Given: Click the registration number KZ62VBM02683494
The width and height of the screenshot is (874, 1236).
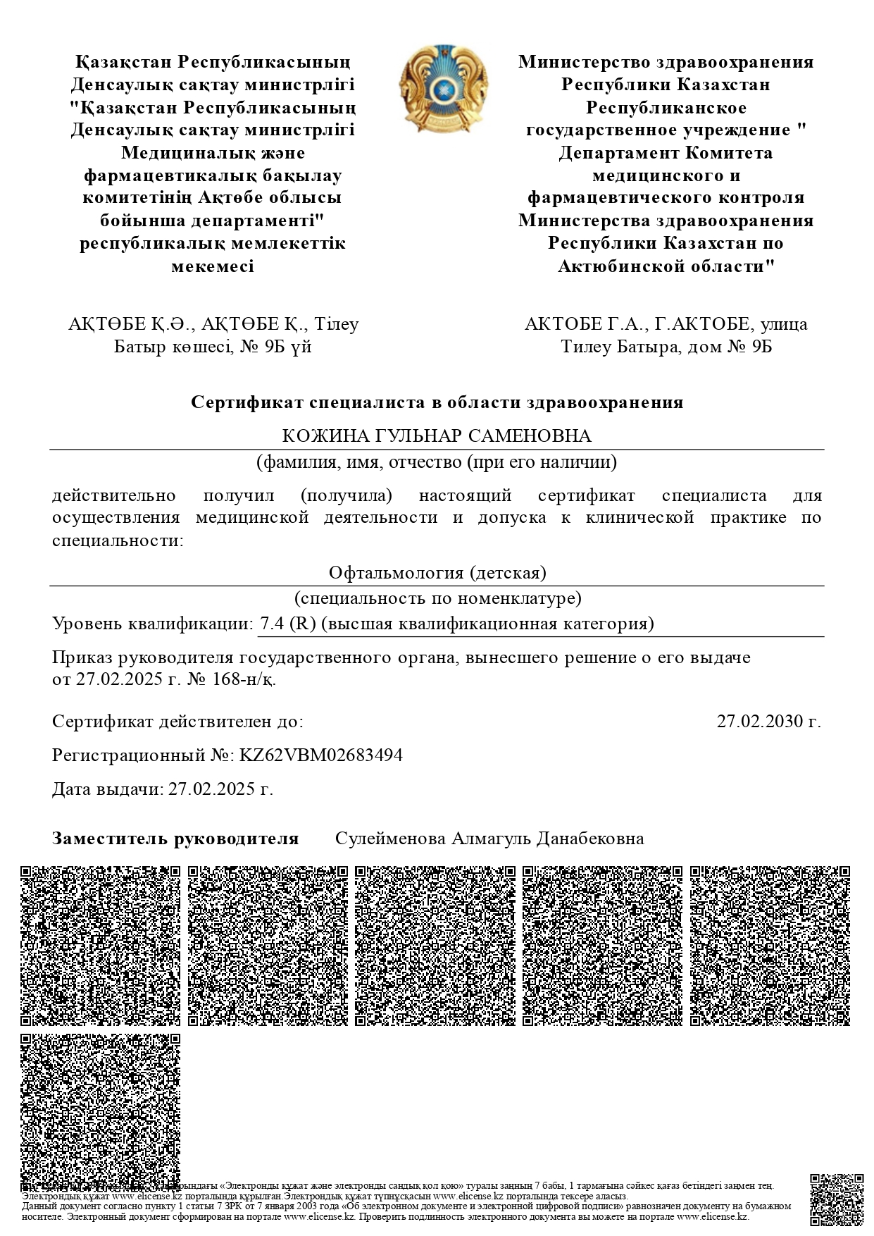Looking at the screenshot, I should coord(321,755).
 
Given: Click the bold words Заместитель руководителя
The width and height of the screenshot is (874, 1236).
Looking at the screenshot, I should coord(175,839).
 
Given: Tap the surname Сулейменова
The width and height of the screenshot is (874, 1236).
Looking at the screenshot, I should coord(390,839).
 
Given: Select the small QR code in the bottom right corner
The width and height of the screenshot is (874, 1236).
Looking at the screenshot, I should coord(836,1200).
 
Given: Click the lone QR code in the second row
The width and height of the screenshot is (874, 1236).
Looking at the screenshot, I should coord(101,1113).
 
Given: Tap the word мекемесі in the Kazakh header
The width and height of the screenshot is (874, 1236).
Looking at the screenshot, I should coord(212,266).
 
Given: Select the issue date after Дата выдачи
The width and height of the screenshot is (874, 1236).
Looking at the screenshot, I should coord(220,789).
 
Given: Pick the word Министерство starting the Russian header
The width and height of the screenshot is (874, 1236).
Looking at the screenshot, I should coord(584,62).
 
